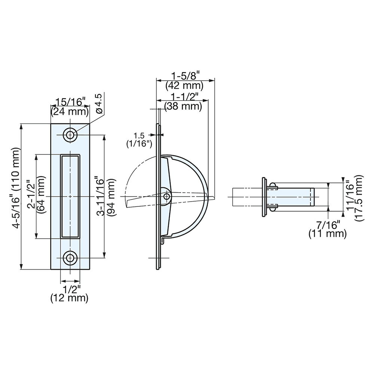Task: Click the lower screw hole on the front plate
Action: click(70, 258)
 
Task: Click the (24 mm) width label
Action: click(70, 111)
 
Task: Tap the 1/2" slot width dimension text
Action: click(70, 289)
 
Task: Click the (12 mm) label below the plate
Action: click(70, 298)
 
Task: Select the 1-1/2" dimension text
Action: click(183, 96)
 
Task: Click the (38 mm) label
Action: click(183, 106)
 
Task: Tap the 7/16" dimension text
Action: click(328, 225)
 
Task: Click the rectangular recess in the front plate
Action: click(70, 196)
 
